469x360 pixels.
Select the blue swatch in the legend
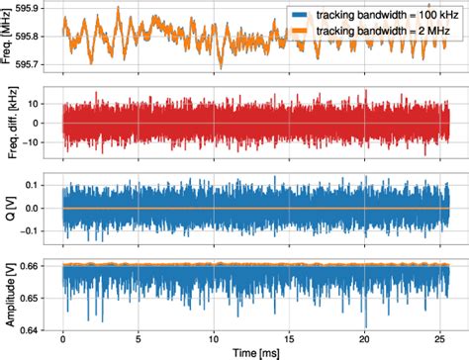pos(300,15)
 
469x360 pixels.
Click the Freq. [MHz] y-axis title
pos(8,38)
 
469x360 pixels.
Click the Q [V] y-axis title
pos(8,209)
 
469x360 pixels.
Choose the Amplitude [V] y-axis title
pos(8,293)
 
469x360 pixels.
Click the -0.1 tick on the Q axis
pos(38,232)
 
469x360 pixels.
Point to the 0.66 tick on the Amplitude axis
pos(36,265)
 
